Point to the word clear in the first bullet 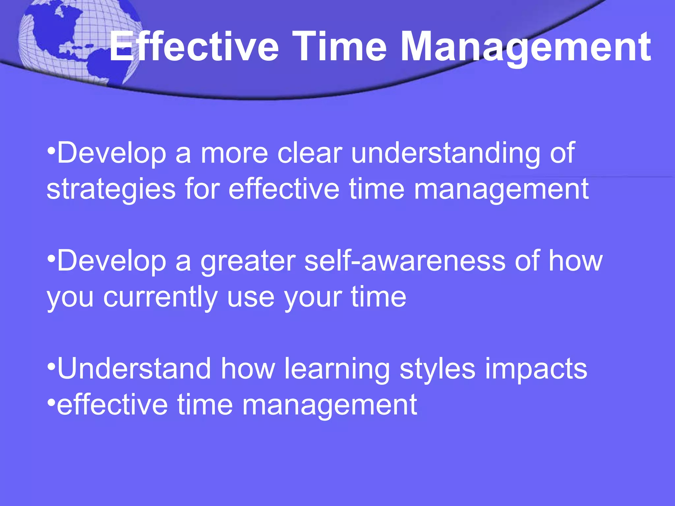click(309, 153)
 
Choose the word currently click(160, 297)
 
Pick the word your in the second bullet click(313, 297)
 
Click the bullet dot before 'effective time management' click(51, 402)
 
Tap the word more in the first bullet click(234, 153)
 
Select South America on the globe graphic click(109, 66)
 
